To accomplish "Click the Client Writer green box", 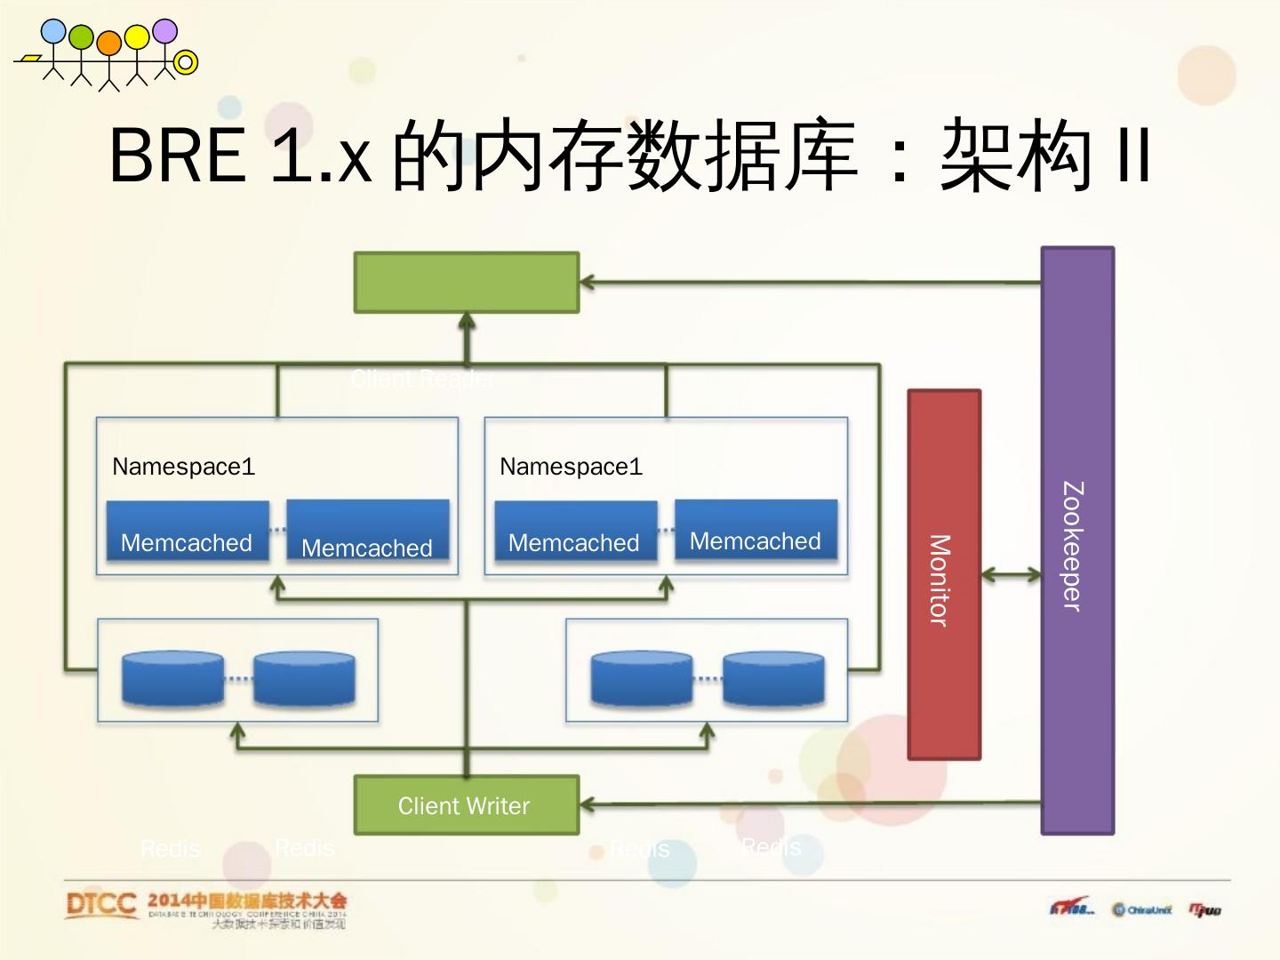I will pos(466,805).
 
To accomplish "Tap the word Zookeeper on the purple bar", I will pos(1073,546).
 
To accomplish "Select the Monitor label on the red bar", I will pos(940,580).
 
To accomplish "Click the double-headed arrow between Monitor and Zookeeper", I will pos(1011,575).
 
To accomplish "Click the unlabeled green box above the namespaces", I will pos(466,283).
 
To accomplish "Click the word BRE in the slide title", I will pos(178,155).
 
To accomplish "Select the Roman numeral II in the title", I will pos(1132,155).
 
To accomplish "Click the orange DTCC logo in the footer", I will pos(100,905).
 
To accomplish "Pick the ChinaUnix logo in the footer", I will pos(1142,909).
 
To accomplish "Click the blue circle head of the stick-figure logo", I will pos(53,32).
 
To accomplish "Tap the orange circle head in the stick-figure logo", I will pos(108,43).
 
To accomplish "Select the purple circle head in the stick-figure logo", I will pos(164,31).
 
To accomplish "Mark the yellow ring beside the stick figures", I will pos(186,62).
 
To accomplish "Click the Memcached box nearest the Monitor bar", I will pos(756,531).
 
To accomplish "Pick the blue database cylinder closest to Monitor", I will pos(772,680).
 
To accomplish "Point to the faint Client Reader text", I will pos(423,380).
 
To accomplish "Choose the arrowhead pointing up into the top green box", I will pos(466,321).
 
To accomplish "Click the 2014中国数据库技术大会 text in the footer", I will pos(247,900).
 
